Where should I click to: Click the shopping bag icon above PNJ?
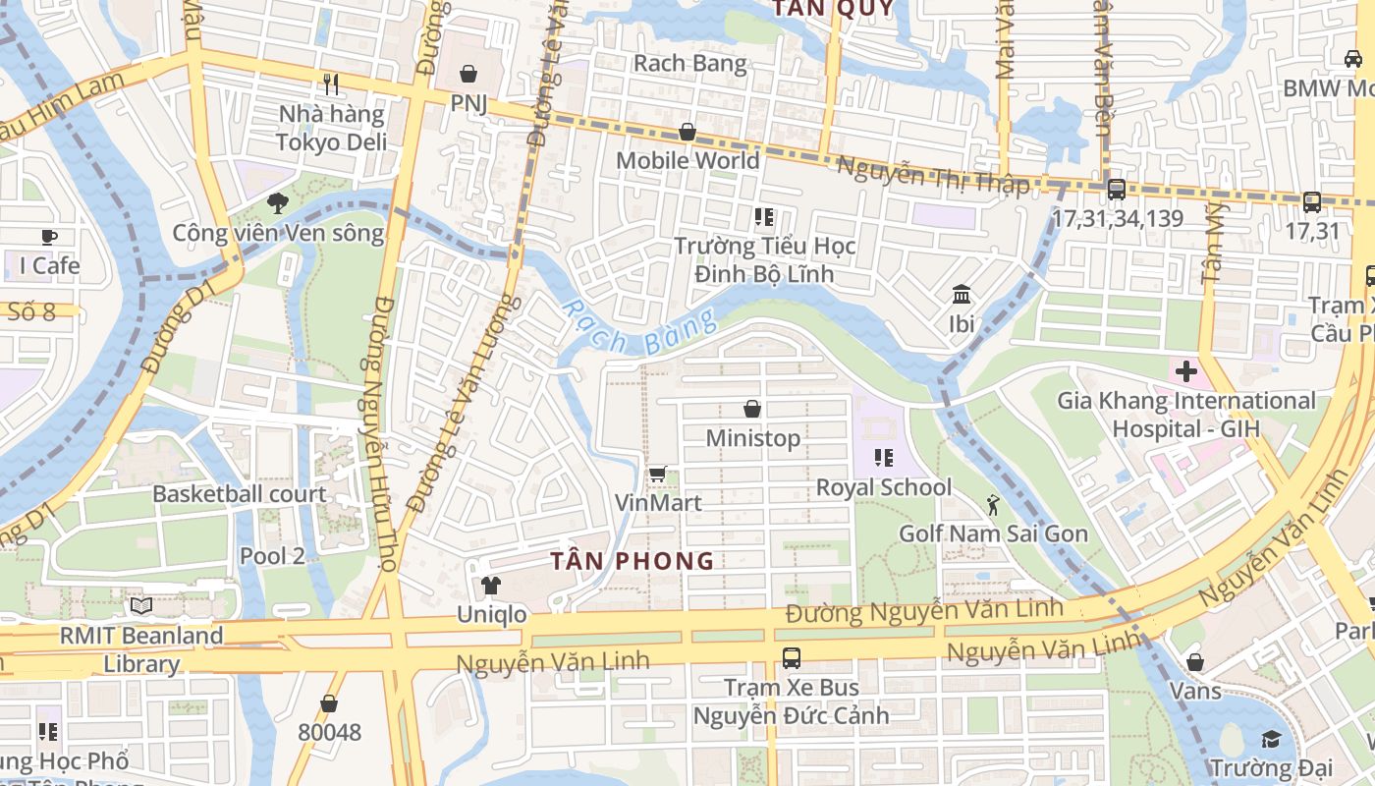click(468, 74)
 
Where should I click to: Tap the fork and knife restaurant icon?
click(331, 84)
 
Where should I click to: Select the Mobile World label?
click(687, 160)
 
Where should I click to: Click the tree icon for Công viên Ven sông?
click(277, 203)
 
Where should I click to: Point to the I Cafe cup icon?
click(49, 237)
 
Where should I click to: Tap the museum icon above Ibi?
click(962, 294)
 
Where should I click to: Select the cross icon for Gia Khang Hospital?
click(1185, 371)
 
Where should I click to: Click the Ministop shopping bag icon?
click(752, 409)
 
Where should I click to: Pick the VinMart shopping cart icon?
click(657, 475)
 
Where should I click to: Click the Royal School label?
click(884, 487)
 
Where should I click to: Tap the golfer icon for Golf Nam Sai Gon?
click(993, 505)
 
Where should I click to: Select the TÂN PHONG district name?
click(632, 561)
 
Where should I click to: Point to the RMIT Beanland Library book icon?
click(141, 606)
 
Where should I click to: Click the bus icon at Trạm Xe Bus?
click(791, 657)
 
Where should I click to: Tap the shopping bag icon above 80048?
click(329, 703)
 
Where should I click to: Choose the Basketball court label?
click(239, 493)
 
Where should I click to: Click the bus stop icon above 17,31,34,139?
click(1117, 190)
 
